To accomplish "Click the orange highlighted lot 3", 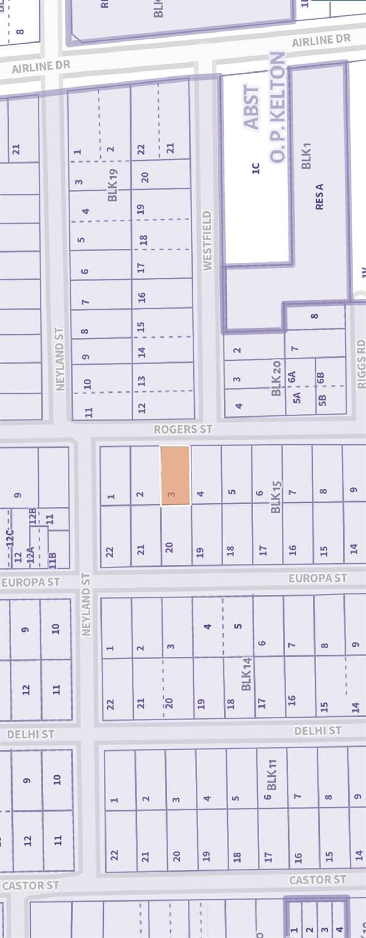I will coord(175,475).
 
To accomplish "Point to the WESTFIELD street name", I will coord(207,240).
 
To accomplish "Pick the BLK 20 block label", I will coord(276,379).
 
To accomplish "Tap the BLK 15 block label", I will coord(276,497).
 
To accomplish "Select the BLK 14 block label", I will coord(246,674).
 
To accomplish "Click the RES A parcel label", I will coord(319,196).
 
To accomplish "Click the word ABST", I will coord(252,107).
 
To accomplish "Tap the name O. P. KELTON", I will coord(277,108).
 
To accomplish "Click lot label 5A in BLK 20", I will coord(297,397).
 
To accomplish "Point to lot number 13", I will coord(142,381).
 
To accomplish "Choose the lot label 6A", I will coord(291,376).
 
